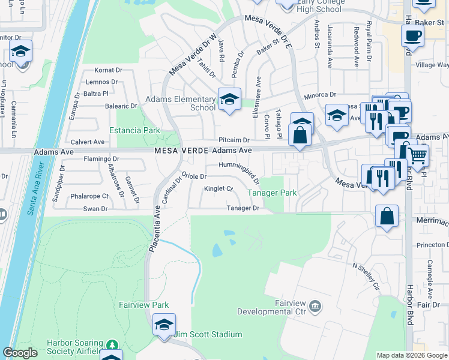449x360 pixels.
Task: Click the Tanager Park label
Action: tap(273, 193)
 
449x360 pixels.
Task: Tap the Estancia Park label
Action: tap(134, 130)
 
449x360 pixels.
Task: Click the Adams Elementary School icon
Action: tap(229, 100)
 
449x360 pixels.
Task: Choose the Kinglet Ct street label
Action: tap(218, 188)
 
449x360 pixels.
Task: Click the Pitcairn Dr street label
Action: tap(234, 140)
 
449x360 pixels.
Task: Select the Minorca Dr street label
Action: tap(319, 95)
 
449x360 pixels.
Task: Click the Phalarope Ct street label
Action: tap(89, 196)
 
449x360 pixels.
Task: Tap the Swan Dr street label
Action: tap(95, 209)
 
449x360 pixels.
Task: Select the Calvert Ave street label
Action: tap(88, 142)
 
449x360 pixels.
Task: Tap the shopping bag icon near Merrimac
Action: tap(387, 215)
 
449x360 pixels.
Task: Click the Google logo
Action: tap(20, 353)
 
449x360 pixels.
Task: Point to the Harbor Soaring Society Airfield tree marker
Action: tap(111, 345)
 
